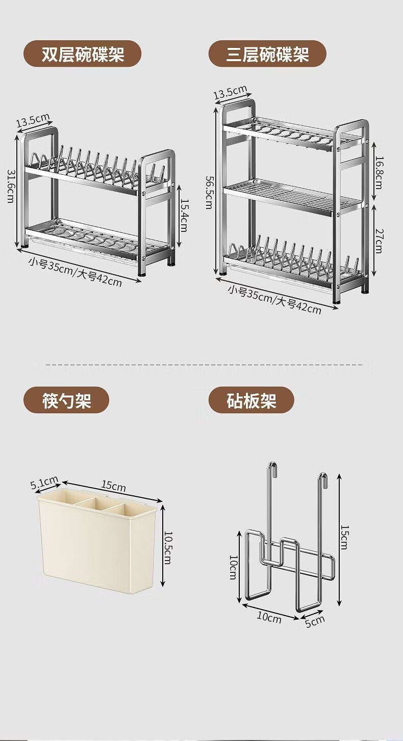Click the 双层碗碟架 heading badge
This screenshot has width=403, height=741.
(x=83, y=54)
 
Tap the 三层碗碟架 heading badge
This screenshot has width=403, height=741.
(x=267, y=54)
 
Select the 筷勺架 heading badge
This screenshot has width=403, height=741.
(x=66, y=400)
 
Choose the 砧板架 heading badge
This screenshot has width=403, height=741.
(x=251, y=400)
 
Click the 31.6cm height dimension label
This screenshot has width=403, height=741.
(x=11, y=186)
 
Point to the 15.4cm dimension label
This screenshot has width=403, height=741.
(x=184, y=216)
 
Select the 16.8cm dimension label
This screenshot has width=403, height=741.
(x=379, y=172)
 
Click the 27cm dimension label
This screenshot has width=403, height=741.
(x=379, y=241)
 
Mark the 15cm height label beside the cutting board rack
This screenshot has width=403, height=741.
(x=344, y=538)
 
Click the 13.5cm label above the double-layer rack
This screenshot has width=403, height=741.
(x=33, y=120)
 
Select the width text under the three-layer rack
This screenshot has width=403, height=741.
(x=274, y=299)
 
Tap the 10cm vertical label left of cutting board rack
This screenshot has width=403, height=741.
(x=233, y=567)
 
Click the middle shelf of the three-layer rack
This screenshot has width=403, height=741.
(x=291, y=197)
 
